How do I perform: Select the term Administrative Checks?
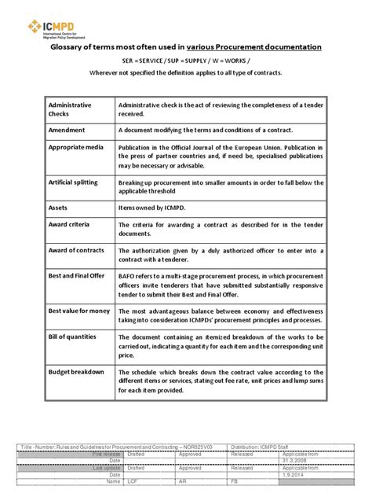pos(70,109)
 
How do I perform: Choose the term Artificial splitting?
pos(73,182)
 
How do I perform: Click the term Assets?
pos(60,207)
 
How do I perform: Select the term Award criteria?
pos(71,224)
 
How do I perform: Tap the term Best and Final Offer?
pos(78,275)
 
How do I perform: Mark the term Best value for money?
pos(78,310)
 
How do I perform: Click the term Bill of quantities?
pos(74,336)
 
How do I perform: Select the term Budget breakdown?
pos(76,371)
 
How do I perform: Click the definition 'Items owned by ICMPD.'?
pos(155,208)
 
